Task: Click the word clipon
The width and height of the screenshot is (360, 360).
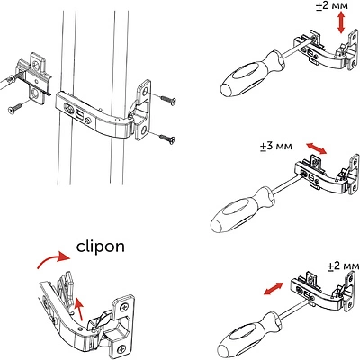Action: (x=101, y=247)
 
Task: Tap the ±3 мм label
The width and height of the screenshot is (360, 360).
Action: (x=276, y=146)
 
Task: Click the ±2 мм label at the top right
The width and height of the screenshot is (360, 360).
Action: (x=332, y=6)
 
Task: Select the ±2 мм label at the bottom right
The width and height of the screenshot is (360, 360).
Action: (x=343, y=266)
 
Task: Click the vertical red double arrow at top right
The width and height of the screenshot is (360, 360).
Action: (x=341, y=23)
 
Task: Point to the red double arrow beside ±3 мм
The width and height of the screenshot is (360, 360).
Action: (x=317, y=148)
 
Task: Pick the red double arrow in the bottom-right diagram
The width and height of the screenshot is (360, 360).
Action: (x=274, y=289)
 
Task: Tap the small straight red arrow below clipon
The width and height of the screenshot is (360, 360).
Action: (x=78, y=308)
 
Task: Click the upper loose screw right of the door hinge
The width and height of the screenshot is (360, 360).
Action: (x=167, y=100)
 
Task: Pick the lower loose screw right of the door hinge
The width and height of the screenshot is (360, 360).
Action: (x=167, y=139)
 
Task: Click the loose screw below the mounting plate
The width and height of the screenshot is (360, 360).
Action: (x=15, y=109)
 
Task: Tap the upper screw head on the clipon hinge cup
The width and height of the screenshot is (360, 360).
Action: (x=124, y=307)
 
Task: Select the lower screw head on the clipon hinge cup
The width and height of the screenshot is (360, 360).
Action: (x=121, y=349)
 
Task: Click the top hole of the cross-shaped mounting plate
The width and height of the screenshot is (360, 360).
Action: (x=36, y=66)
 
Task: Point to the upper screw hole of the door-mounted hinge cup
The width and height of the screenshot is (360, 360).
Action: (x=145, y=92)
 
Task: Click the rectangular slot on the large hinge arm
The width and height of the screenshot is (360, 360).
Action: (x=80, y=115)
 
